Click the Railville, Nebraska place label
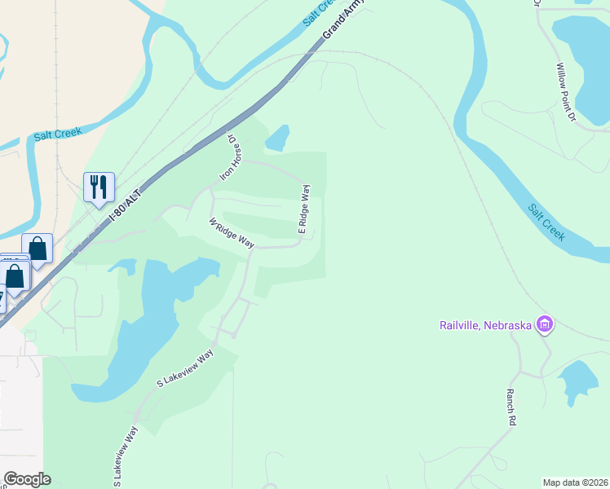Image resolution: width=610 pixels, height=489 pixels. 482,326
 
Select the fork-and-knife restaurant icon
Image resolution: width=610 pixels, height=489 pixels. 99,187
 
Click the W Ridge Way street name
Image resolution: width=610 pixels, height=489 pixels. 232,233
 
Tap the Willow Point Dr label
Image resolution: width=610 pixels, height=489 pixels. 566,93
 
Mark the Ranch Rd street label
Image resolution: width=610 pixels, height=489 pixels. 511,404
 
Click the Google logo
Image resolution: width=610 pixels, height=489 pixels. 27,479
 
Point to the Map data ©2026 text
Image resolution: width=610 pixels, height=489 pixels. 575,482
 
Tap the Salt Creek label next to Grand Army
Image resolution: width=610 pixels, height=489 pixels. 320,12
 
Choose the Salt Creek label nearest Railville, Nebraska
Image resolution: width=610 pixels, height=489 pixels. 546,222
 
